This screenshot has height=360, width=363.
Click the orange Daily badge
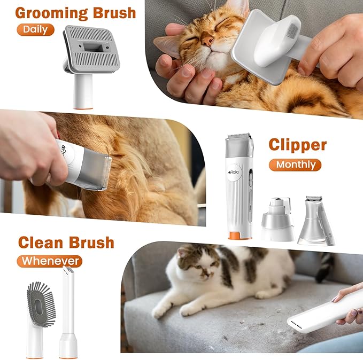point(35,29)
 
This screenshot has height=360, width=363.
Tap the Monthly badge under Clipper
point(295,165)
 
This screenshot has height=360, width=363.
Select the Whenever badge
point(49,261)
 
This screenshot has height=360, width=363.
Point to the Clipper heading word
point(297,144)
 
